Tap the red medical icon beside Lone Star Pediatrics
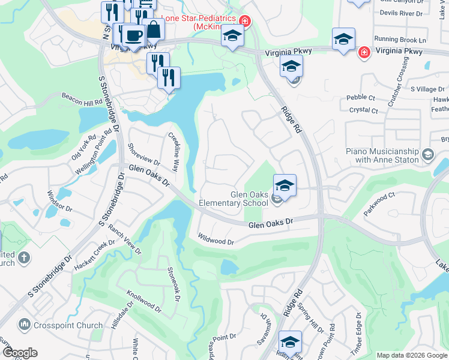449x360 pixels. click(x=244, y=22)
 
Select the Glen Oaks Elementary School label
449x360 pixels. click(x=250, y=198)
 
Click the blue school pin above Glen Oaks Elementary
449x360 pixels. click(x=285, y=184)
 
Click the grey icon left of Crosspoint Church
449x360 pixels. click(x=25, y=325)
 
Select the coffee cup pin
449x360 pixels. click(x=133, y=35)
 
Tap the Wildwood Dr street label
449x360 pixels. click(x=215, y=241)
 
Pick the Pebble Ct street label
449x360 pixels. click(x=361, y=97)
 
